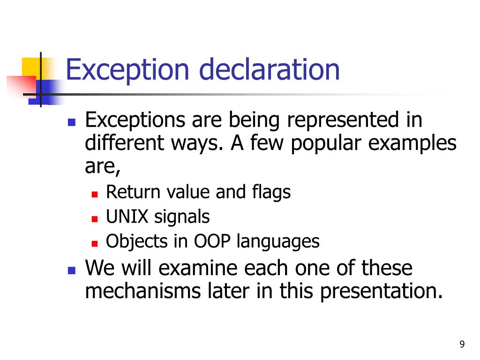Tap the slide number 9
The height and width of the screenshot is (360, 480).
462,345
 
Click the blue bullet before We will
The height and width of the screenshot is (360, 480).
72,271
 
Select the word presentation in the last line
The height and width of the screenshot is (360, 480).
380,292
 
